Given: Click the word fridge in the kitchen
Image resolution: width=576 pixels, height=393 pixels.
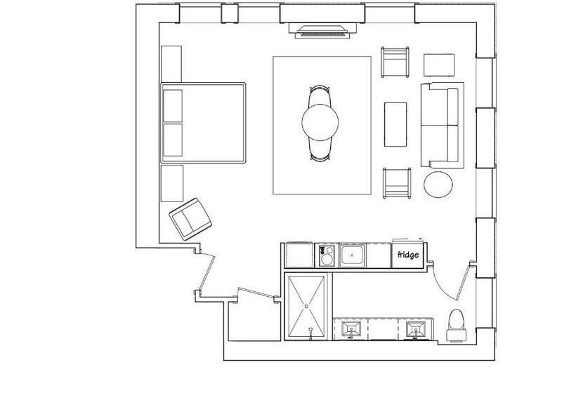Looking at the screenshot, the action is [407, 254].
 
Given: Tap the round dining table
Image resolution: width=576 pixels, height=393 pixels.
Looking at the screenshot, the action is [320, 123].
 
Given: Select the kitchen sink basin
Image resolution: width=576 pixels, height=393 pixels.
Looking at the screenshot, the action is [352, 255].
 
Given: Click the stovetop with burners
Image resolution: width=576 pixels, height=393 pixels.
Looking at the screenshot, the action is [327, 255].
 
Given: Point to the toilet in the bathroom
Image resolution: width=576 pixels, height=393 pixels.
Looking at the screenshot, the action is [457, 326].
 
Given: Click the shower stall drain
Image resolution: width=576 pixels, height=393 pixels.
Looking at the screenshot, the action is [307, 306].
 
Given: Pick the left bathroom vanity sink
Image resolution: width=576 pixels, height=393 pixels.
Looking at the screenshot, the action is [351, 329].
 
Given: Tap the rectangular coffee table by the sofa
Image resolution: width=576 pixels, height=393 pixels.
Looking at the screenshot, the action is [395, 124].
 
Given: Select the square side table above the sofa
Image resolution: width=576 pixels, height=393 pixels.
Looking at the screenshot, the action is [439, 65].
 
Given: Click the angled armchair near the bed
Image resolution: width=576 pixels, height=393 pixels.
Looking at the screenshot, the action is [190, 219].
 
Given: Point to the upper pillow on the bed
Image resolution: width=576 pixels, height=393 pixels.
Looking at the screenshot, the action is [173, 106].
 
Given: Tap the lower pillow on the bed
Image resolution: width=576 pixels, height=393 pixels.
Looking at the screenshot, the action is [173, 140].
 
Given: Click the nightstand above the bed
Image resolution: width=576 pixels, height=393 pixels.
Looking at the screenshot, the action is [171, 64].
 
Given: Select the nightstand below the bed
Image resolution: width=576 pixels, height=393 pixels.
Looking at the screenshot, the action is [172, 183].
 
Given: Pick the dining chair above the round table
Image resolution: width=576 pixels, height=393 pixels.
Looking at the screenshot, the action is [320, 96].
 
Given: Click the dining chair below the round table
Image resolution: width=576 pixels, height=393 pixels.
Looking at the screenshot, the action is [320, 150].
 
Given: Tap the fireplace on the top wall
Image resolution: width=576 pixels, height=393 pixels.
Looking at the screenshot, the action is [322, 30].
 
